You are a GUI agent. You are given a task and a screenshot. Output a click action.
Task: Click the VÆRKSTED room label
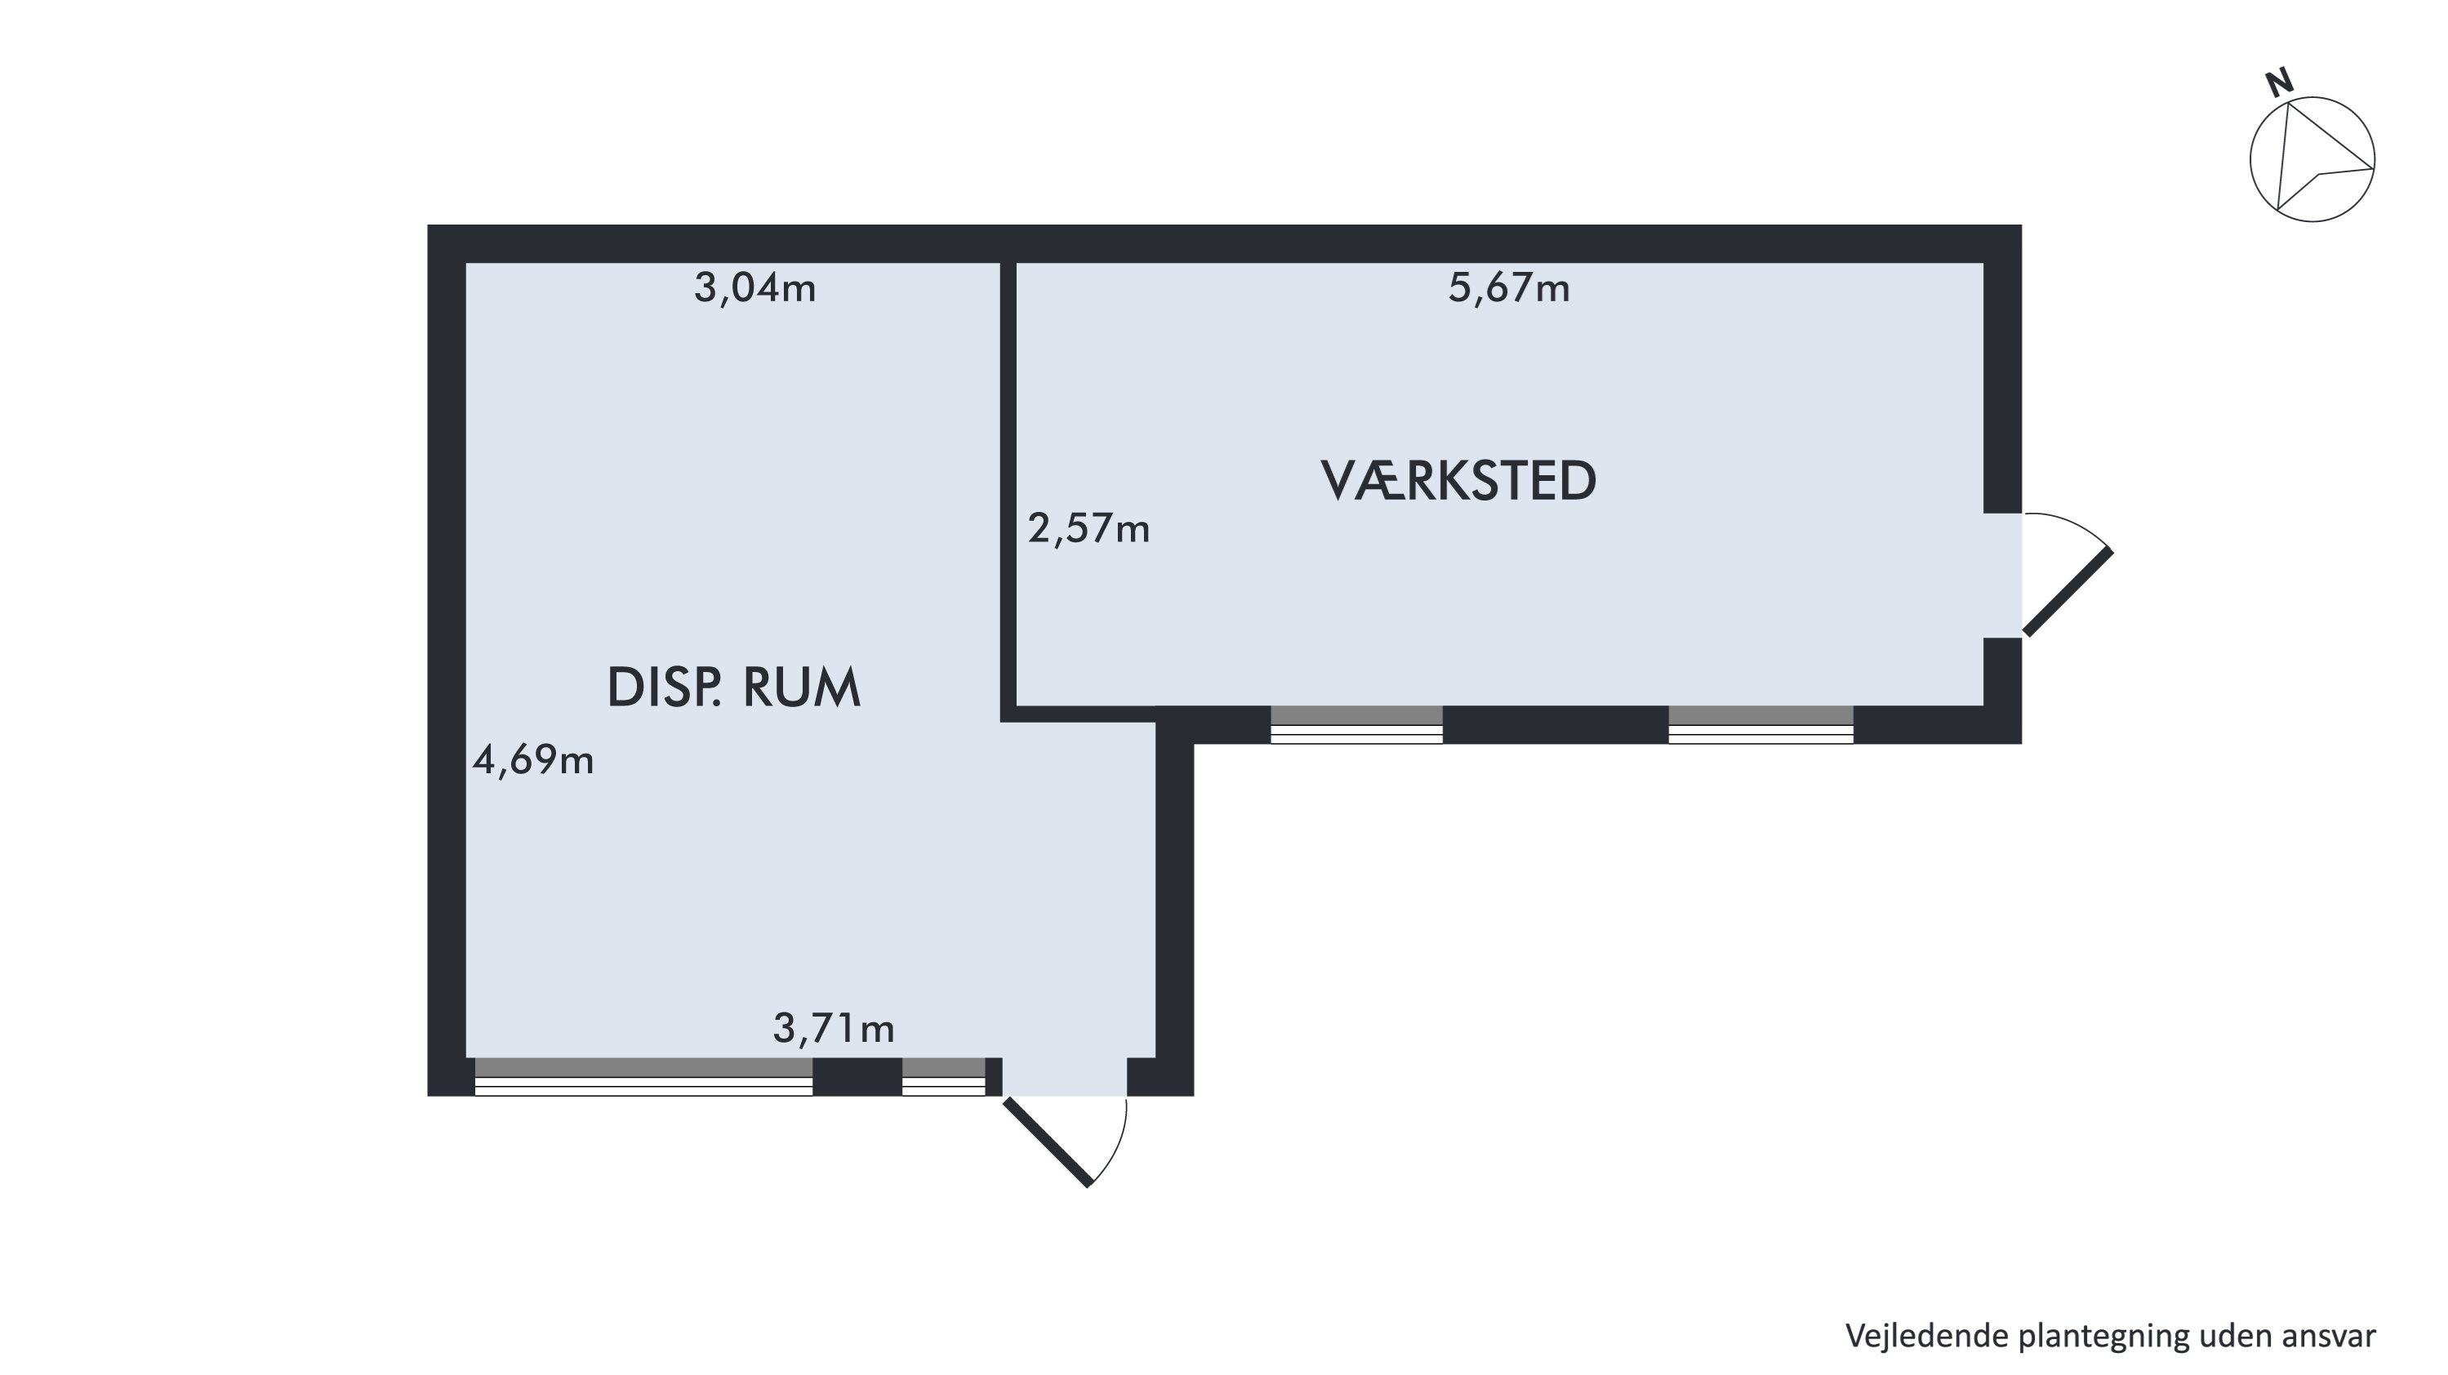(x=1458, y=481)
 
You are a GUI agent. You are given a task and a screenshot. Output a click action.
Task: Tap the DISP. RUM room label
(x=733, y=688)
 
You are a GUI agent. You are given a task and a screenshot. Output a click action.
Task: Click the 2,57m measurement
(x=1089, y=528)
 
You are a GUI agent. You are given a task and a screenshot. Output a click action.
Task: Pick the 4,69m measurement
(x=533, y=759)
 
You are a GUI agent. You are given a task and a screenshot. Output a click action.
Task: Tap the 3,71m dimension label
(x=834, y=1028)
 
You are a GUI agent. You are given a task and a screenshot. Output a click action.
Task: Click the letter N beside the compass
(x=2279, y=83)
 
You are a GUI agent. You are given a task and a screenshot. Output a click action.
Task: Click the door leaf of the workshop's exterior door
(x=2067, y=592)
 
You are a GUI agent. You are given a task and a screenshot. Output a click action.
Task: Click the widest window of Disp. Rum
(x=643, y=1077)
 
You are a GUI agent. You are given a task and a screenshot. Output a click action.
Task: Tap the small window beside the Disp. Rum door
(x=944, y=1077)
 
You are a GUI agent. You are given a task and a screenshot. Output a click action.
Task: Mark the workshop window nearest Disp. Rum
(x=1357, y=724)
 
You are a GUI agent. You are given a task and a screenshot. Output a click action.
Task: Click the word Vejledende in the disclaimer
(x=1919, y=1336)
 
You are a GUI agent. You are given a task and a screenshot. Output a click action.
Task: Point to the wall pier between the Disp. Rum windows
(x=857, y=1077)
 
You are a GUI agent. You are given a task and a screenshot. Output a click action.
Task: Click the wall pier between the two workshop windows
(x=1556, y=724)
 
